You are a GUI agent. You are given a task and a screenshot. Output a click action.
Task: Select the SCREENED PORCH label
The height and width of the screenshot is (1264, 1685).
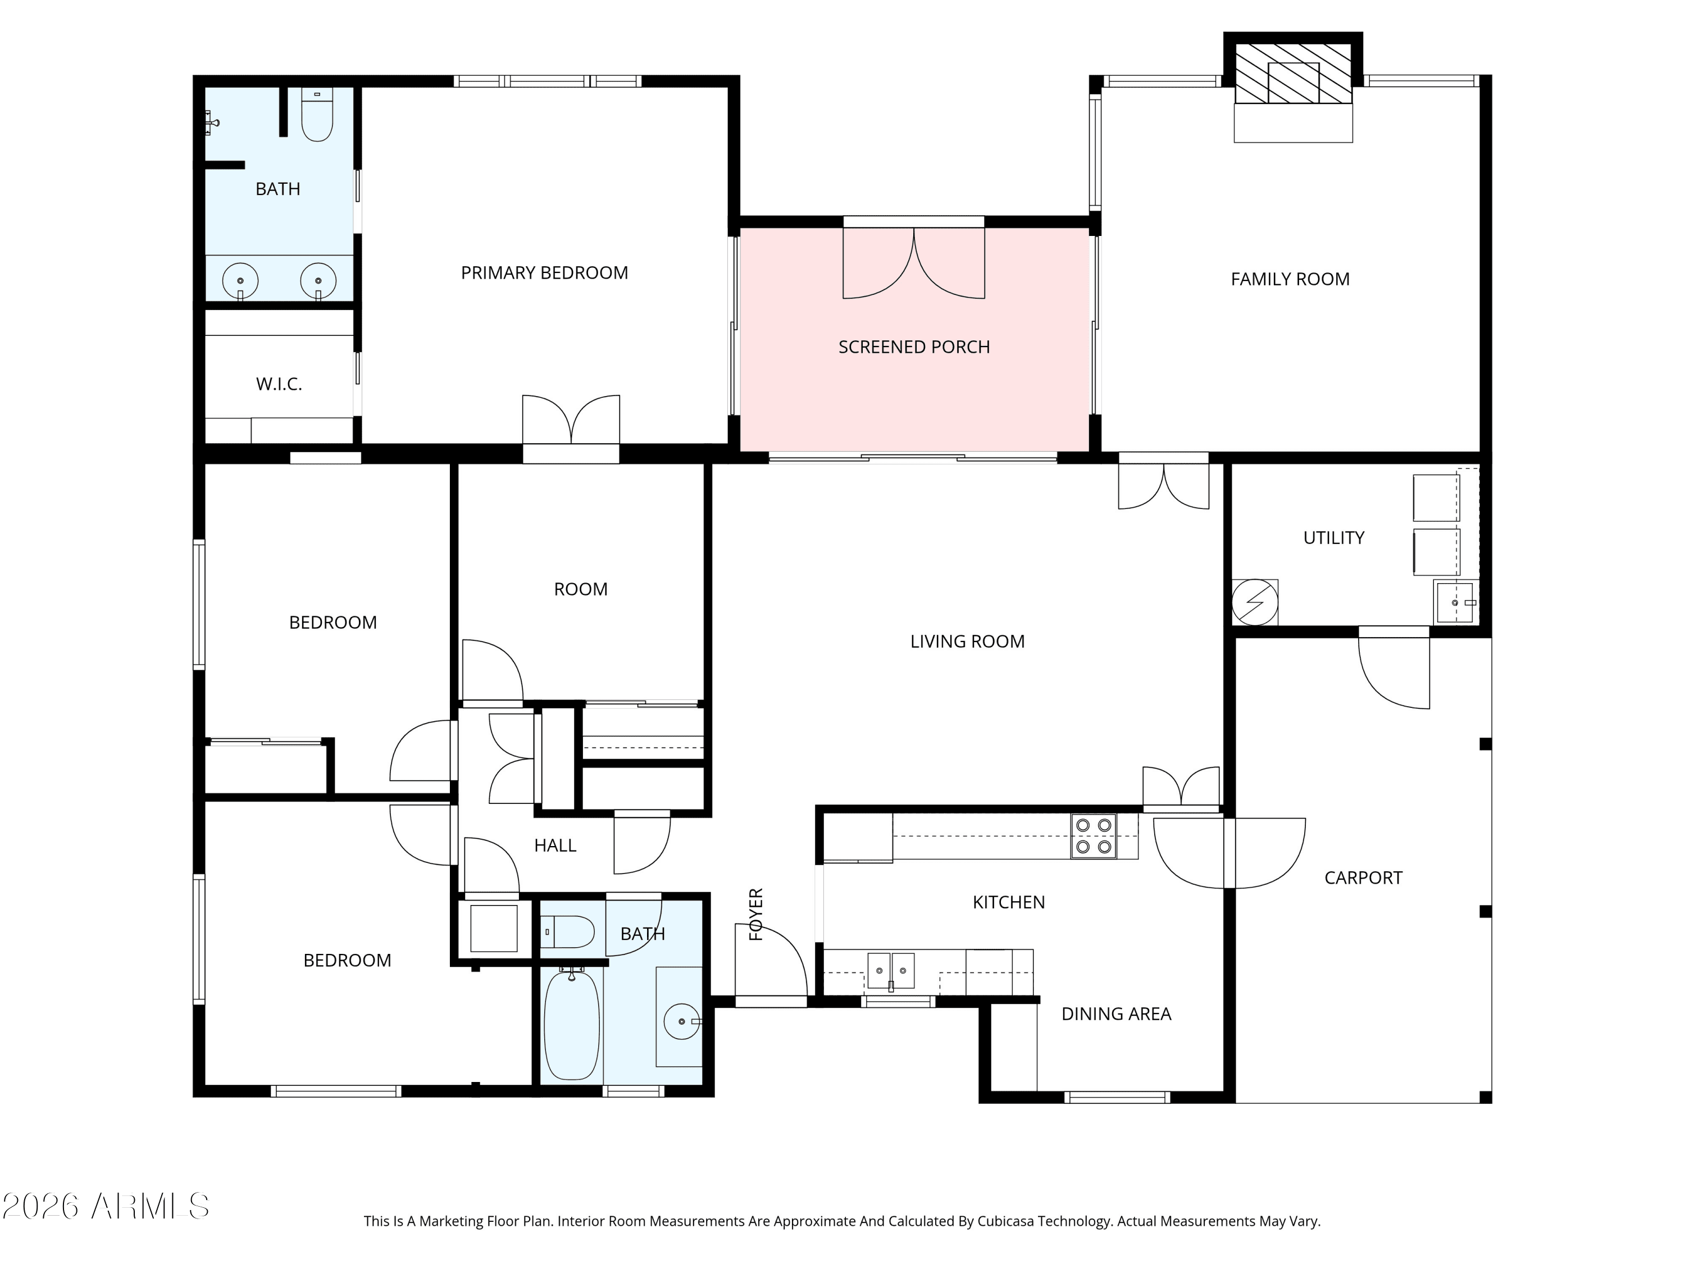[x=914, y=347]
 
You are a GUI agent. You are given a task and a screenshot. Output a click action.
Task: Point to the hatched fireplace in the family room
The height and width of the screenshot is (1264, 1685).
[x=1293, y=73]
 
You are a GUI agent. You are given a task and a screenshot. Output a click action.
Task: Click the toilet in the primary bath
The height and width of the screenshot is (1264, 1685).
[x=317, y=115]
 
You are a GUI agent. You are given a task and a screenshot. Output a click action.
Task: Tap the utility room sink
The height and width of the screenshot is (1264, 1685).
[x=1455, y=602]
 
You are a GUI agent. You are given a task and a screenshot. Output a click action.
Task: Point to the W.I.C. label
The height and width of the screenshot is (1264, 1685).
[x=279, y=384]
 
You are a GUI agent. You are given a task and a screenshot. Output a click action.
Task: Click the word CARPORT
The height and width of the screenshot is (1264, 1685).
[x=1363, y=877]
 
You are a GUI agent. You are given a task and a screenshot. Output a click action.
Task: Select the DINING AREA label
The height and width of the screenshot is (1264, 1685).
[x=1116, y=1014]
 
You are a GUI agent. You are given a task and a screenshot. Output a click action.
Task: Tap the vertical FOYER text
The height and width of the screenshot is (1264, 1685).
[x=755, y=914]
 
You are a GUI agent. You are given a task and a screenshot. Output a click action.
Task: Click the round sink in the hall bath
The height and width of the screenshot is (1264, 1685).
[x=681, y=1021]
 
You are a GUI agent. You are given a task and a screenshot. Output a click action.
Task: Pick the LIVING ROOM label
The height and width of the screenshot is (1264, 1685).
[x=967, y=642]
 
